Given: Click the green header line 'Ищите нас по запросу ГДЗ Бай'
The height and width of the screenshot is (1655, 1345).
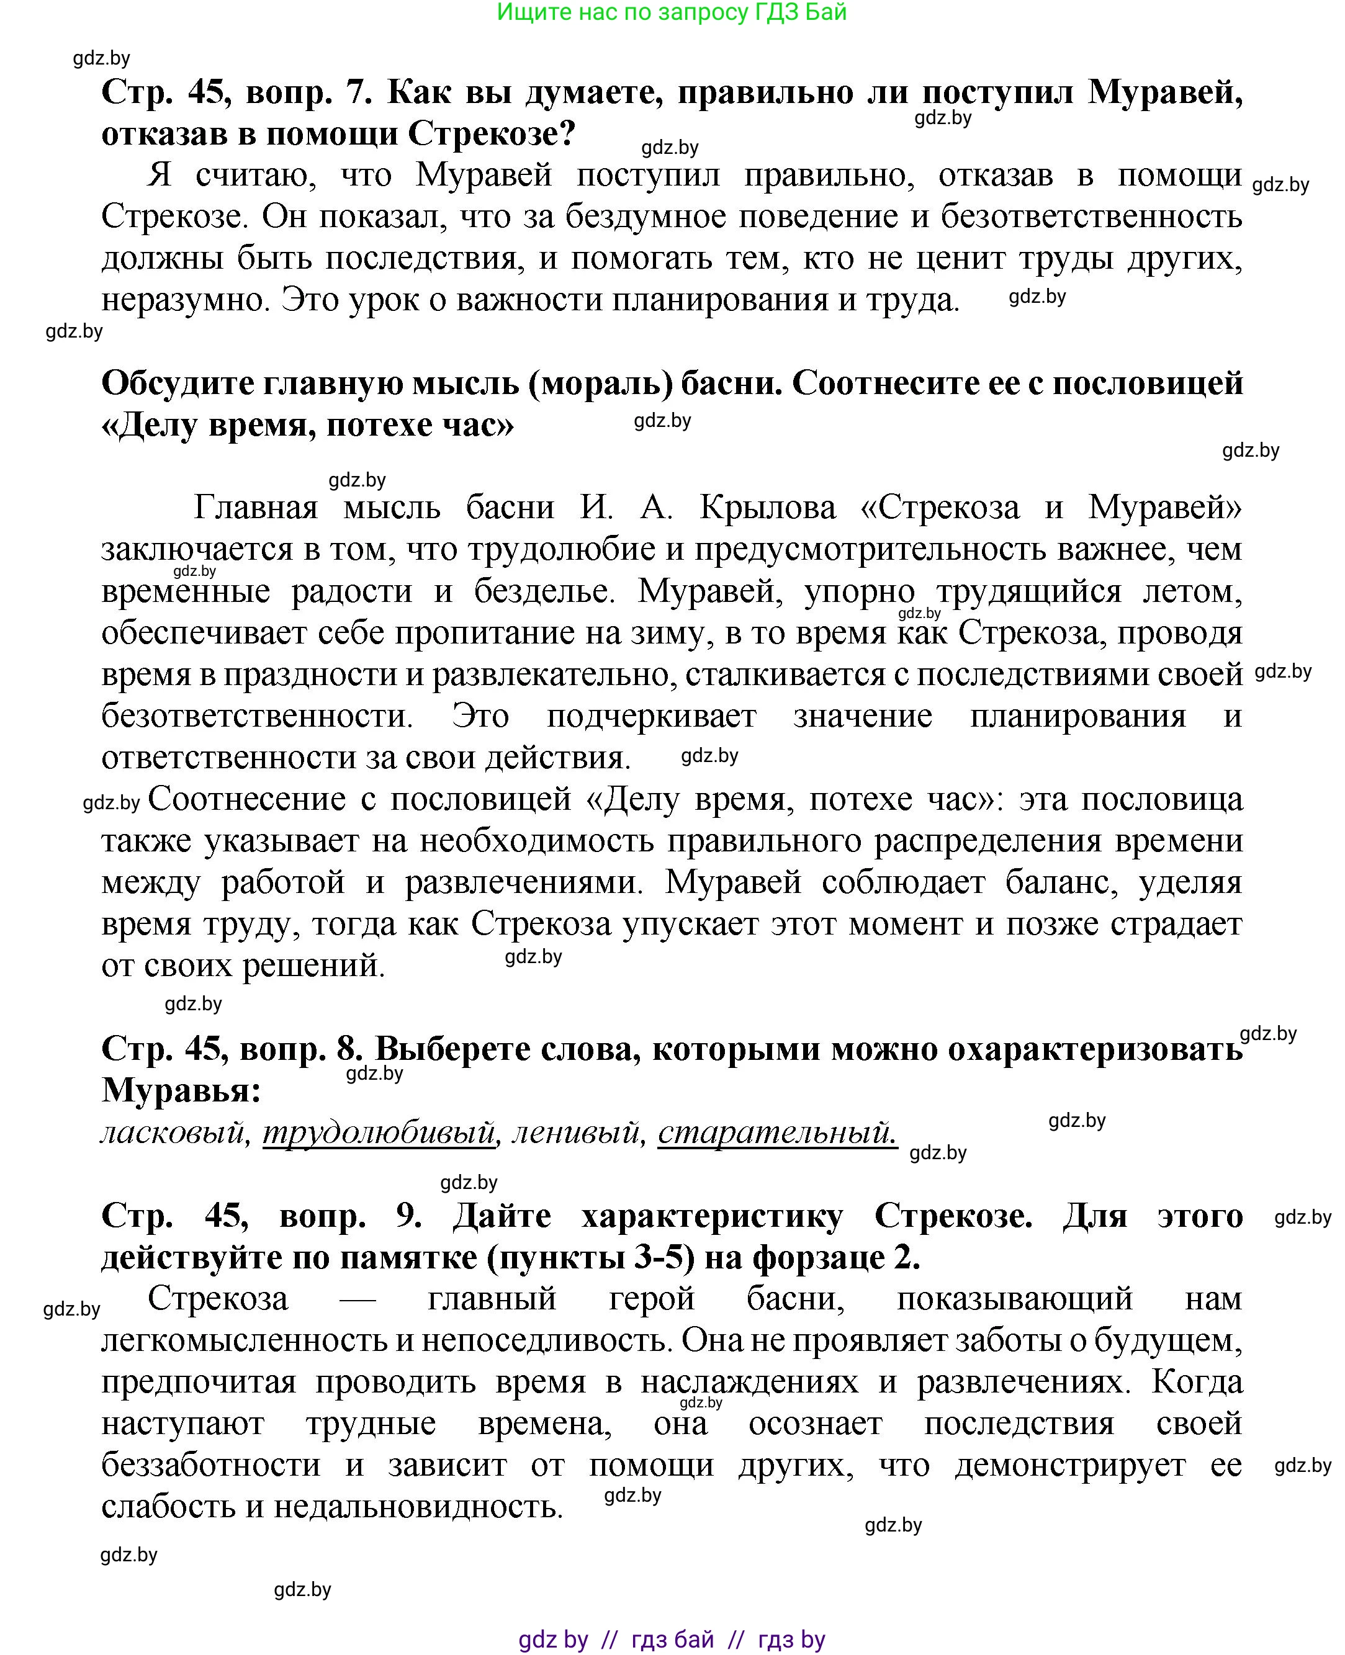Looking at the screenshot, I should tap(671, 12).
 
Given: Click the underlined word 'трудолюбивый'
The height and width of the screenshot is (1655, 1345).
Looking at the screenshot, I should tap(379, 1133).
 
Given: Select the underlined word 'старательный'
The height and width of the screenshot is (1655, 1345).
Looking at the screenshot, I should tap(777, 1133).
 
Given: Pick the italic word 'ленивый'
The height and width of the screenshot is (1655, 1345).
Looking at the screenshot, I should tap(578, 1133).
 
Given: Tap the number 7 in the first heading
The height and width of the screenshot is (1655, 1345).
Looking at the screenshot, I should tap(355, 93).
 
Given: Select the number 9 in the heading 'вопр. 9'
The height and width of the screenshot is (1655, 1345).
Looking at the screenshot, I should tap(408, 1216).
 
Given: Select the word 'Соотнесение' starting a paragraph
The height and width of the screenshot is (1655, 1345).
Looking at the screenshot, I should tap(246, 799).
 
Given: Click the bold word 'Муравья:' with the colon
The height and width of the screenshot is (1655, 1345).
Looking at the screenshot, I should tap(181, 1091).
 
